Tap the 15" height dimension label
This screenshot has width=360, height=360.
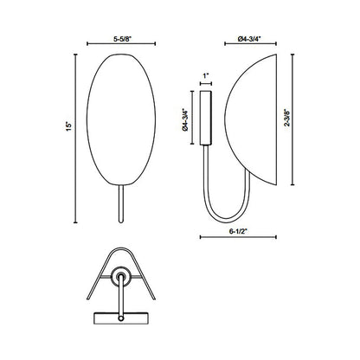point(67,126)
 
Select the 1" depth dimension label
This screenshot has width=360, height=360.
point(206,76)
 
